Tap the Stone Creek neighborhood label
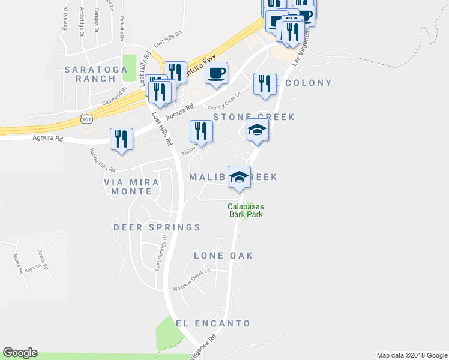pyautogui.click(x=254, y=117)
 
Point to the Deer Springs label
pyautogui.click(x=157, y=227)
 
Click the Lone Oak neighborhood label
pyautogui.click(x=223, y=256)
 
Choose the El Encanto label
pyautogui.click(x=213, y=323)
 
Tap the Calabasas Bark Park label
pyautogui.click(x=245, y=210)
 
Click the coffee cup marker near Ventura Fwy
pyautogui.click(x=216, y=74)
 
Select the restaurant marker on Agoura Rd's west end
pyautogui.click(x=122, y=139)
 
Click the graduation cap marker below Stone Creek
pyautogui.click(x=257, y=130)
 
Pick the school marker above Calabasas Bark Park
pyautogui.click(x=239, y=177)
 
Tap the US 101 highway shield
pyautogui.click(x=88, y=119)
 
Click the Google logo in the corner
pyautogui.click(x=20, y=353)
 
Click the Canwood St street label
pyautogui.click(x=114, y=95)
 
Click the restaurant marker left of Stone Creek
pyautogui.click(x=200, y=131)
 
